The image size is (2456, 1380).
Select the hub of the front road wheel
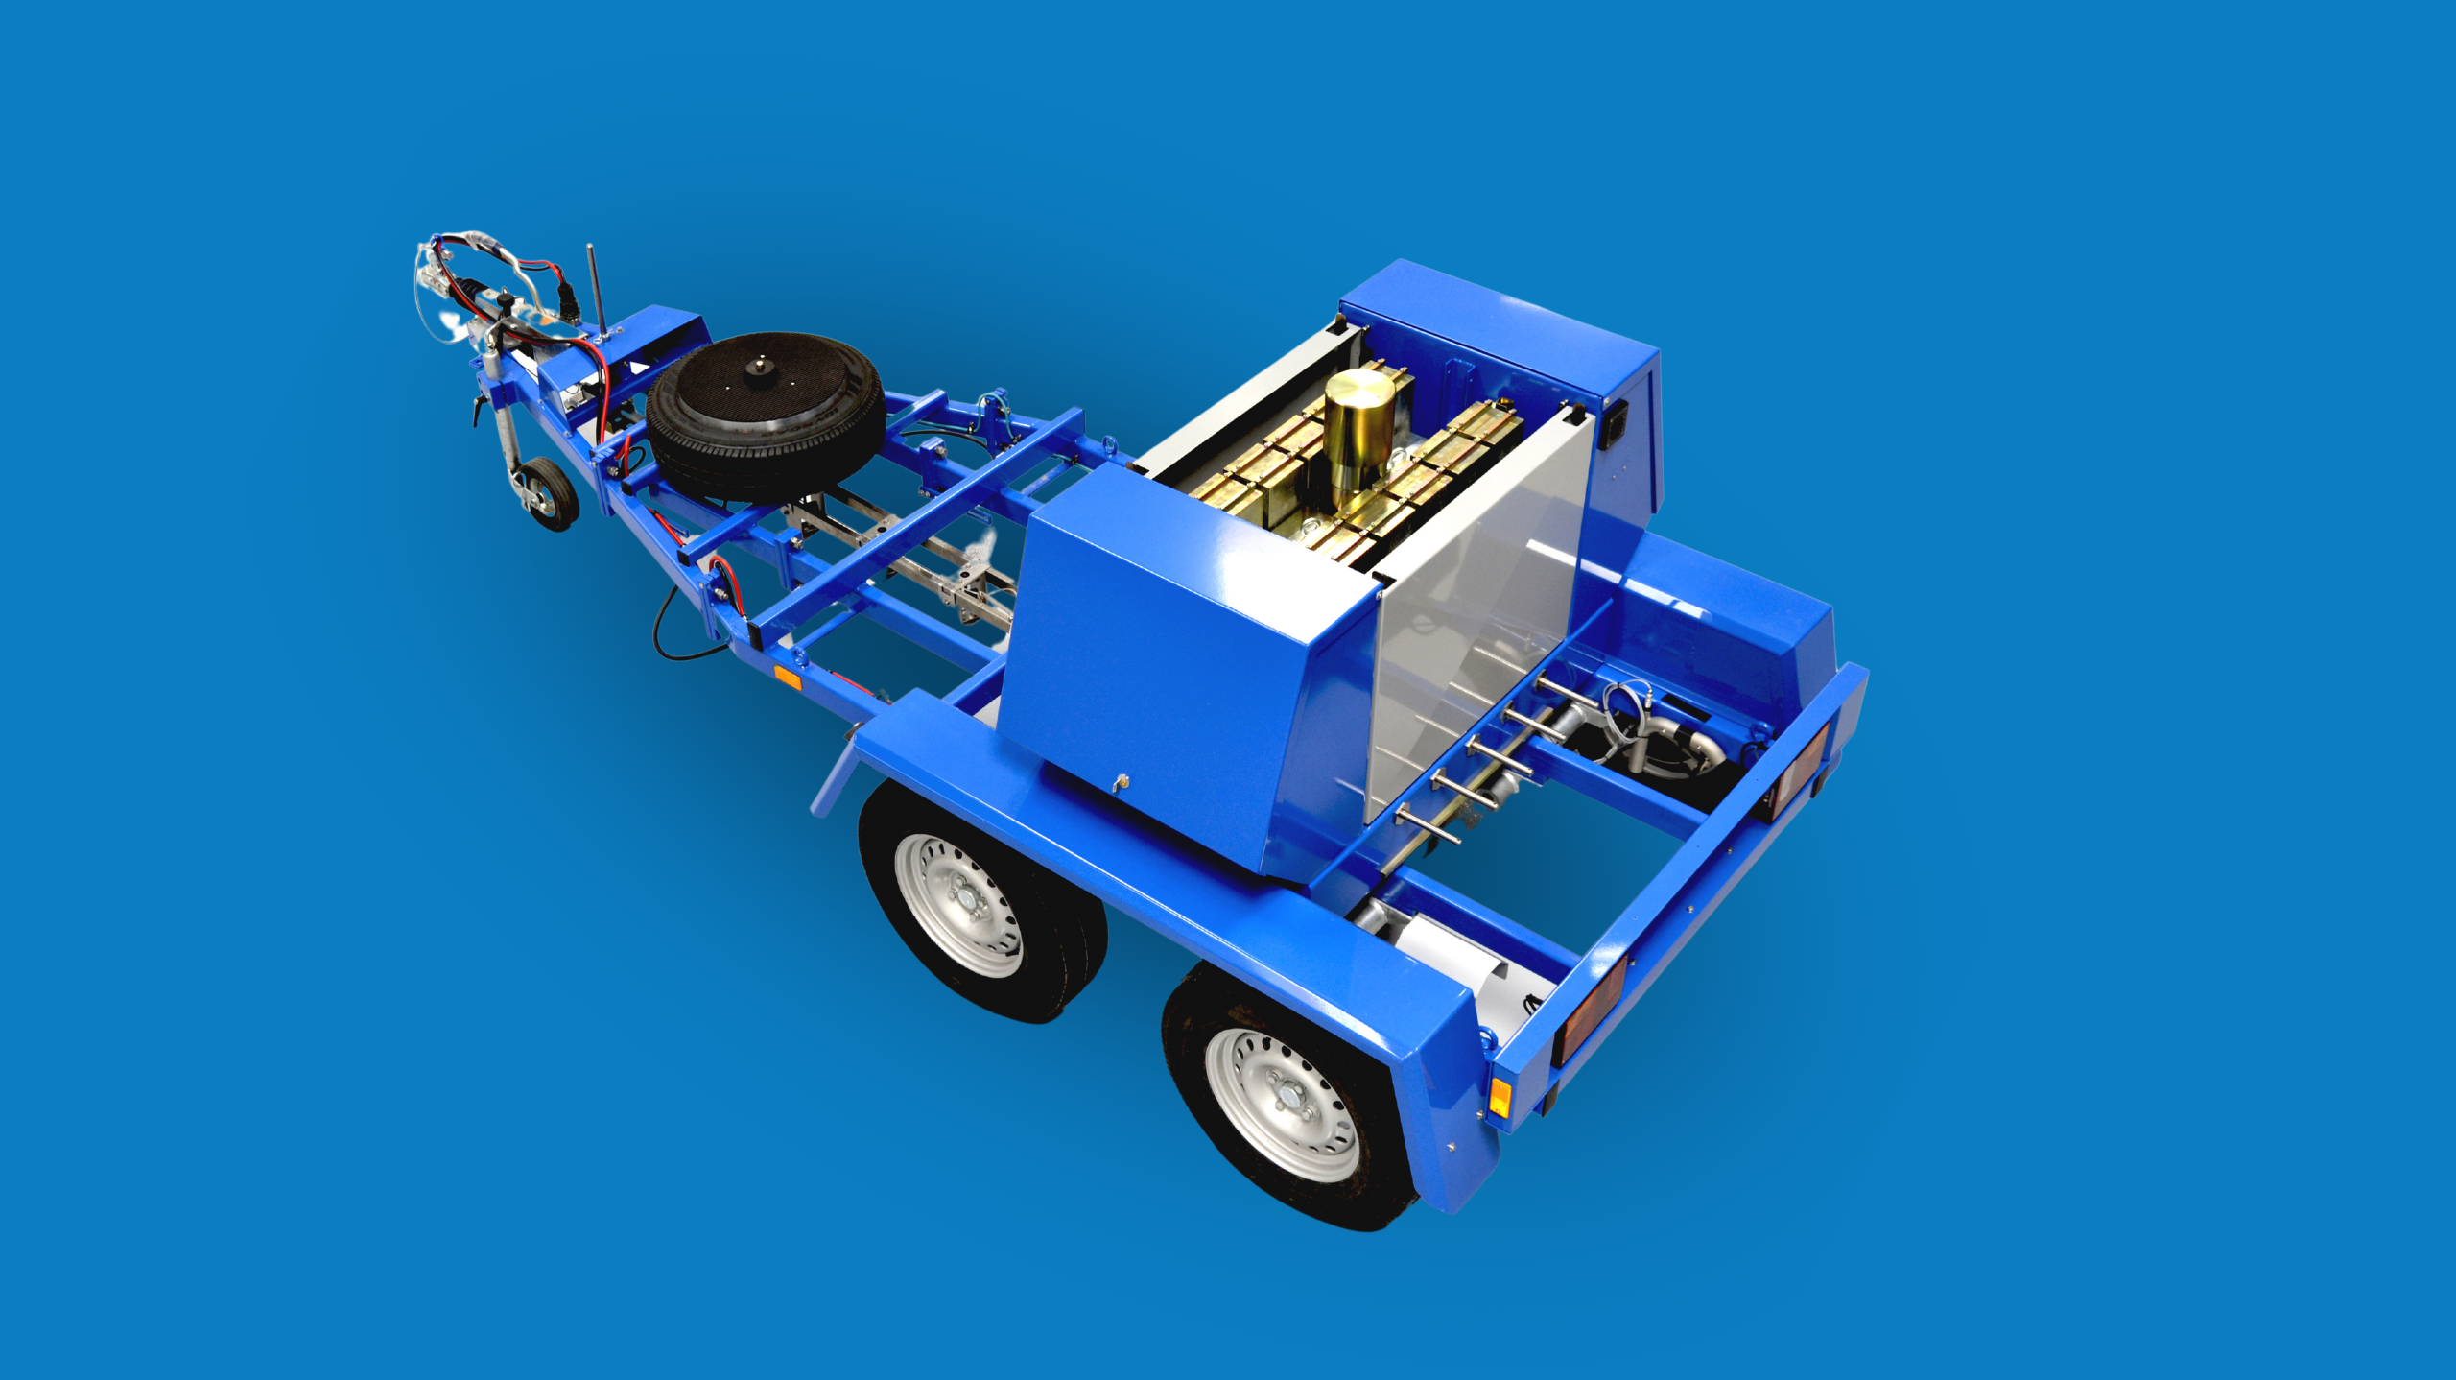click(962, 904)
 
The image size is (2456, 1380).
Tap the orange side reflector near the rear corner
click(1500, 1097)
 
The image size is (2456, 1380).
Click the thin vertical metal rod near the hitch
click(595, 288)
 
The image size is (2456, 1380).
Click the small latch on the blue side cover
click(1118, 785)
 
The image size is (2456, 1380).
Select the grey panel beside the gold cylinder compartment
click(1477, 614)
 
